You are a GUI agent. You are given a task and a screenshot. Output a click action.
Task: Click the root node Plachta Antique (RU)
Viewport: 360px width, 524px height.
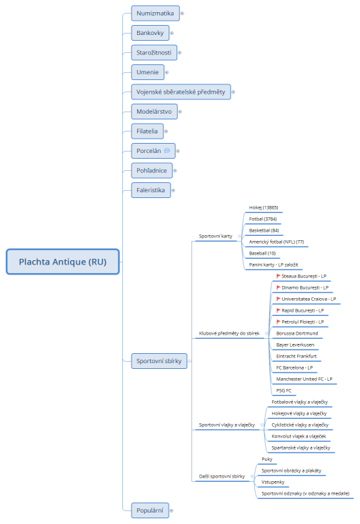pos(63,262)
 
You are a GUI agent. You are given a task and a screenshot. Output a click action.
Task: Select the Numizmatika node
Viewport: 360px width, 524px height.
pos(155,13)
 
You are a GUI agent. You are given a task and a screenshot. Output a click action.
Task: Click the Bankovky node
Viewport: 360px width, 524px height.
pos(150,33)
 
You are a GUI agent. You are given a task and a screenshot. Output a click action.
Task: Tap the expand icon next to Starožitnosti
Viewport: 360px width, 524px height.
pos(179,52)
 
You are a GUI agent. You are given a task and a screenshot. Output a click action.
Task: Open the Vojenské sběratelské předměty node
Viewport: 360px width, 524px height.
pos(180,92)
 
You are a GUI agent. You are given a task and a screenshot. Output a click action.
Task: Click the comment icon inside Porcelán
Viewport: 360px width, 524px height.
pos(166,151)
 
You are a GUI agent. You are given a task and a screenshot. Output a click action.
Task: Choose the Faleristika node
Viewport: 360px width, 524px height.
pos(150,190)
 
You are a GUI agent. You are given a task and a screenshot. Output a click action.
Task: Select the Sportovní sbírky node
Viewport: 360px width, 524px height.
pos(159,361)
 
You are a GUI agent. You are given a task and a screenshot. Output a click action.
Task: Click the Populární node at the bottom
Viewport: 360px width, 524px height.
pos(149,510)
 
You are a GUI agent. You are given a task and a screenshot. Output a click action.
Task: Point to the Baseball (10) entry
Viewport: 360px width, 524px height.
pos(263,253)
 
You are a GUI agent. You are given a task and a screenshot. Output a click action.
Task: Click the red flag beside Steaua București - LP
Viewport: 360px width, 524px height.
pos(278,276)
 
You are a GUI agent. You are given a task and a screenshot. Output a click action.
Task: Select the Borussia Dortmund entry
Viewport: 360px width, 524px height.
pos(296,333)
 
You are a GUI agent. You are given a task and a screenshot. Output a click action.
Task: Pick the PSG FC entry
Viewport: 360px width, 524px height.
pos(284,390)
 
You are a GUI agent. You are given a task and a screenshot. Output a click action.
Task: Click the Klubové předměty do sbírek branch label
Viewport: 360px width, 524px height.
pos(229,333)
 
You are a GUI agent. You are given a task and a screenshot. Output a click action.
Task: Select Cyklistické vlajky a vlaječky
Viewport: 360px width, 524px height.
pos(299,425)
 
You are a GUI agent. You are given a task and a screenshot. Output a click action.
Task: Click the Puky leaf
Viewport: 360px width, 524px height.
pos(267,459)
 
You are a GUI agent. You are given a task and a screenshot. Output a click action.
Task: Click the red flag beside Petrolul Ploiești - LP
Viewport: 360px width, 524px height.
pos(278,322)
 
